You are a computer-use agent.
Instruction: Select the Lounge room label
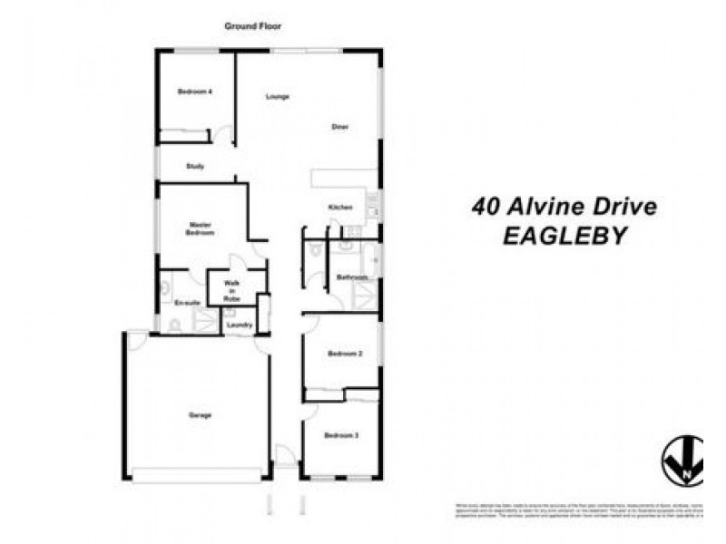coord(278,96)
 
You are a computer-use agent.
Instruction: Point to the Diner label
coord(339,127)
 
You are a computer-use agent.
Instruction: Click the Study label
coord(195,167)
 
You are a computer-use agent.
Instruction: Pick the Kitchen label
coord(340,209)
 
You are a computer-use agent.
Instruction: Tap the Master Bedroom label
coord(201,228)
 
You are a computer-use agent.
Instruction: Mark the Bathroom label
coord(351,277)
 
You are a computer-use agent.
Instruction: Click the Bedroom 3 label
coord(342,436)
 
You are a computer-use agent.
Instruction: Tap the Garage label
coord(200,415)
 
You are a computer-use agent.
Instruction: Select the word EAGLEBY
coord(565,237)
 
